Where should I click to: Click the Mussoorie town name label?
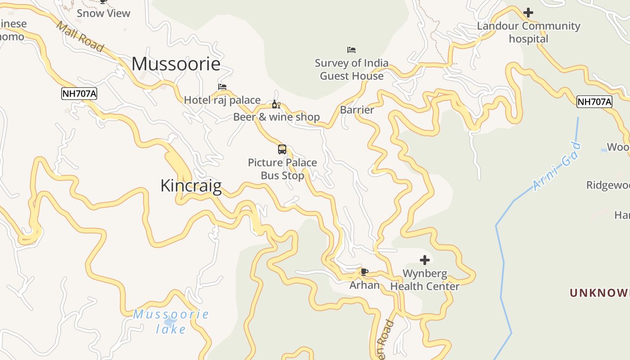click(x=176, y=64)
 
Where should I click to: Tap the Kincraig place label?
click(x=191, y=185)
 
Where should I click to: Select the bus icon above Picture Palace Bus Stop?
click(x=282, y=149)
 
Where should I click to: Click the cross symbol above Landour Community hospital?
click(x=528, y=13)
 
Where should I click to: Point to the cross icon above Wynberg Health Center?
click(x=424, y=260)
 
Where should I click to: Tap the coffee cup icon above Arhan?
click(x=364, y=272)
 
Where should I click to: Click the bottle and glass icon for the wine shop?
click(x=276, y=104)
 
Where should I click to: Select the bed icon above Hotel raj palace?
click(x=222, y=87)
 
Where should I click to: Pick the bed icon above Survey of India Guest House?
click(x=351, y=50)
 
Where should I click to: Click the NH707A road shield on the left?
click(x=79, y=94)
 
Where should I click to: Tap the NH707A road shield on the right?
click(x=594, y=102)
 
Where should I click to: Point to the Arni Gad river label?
click(x=557, y=166)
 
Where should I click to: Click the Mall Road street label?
click(x=80, y=36)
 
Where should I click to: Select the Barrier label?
click(x=357, y=110)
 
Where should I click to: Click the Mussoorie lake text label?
click(x=171, y=321)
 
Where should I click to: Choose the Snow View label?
click(x=103, y=13)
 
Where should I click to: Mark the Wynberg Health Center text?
click(x=424, y=280)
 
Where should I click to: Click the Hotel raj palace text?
click(x=222, y=100)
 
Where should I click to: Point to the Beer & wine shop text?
click(x=276, y=117)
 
